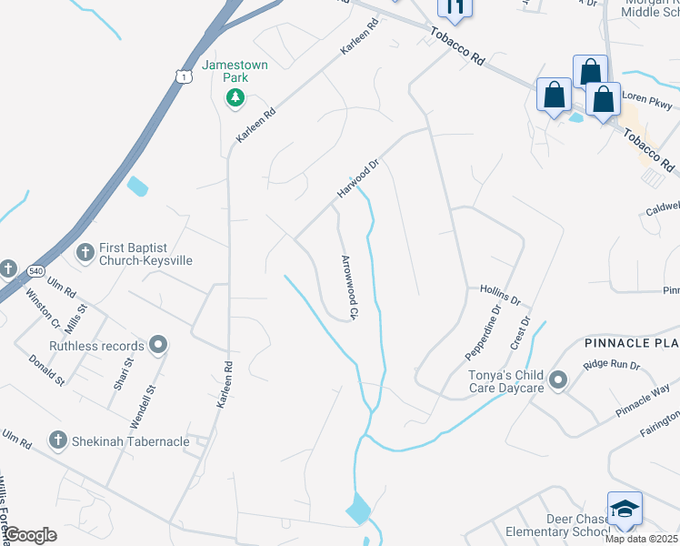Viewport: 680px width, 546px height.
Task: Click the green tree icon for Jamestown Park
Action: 235,97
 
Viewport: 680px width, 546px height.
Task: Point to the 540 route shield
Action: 35,270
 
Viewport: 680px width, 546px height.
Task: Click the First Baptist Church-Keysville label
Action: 145,253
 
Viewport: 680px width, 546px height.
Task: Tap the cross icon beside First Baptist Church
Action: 85,252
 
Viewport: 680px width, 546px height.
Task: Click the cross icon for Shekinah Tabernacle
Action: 57,441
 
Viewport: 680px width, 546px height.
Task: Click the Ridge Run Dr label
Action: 612,364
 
